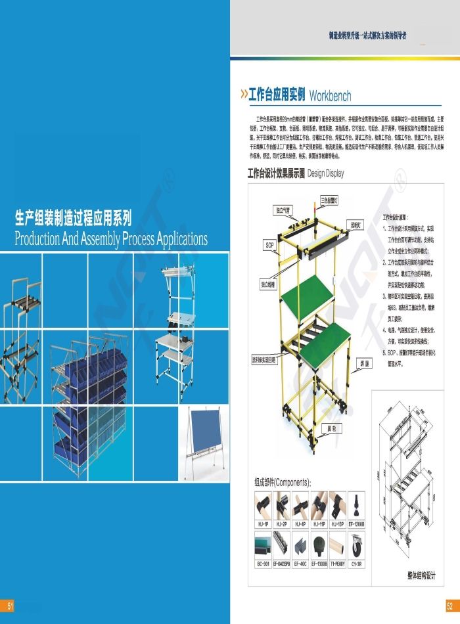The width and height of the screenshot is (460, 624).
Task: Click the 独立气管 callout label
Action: [283, 210]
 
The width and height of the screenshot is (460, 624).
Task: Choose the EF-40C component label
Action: [300, 563]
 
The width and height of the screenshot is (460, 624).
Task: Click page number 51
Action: [10, 605]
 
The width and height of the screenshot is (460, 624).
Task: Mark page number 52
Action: [449, 605]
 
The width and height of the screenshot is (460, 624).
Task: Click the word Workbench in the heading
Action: [330, 96]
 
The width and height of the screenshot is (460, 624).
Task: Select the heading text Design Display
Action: [325, 174]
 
